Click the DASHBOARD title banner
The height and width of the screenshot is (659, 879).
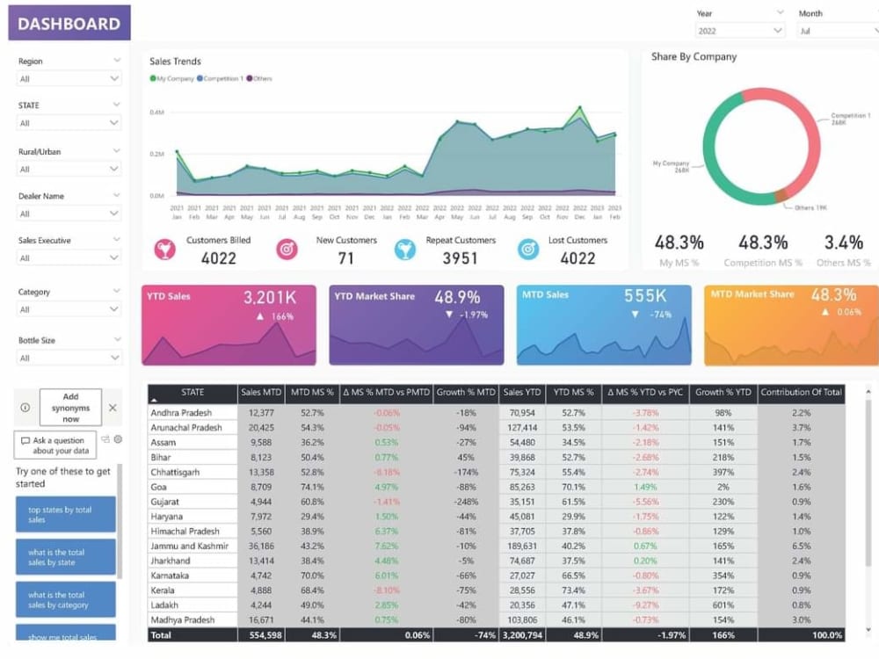(x=69, y=24)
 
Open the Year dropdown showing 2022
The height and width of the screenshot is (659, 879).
(x=740, y=31)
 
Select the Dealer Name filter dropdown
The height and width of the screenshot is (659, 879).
(x=69, y=214)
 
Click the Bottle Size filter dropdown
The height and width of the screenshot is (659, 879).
(x=69, y=358)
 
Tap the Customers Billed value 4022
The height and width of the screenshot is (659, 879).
(x=218, y=258)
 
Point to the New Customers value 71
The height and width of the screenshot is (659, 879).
(x=345, y=258)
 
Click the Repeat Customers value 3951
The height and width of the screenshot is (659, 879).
(x=460, y=258)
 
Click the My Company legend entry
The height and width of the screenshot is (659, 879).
(x=173, y=79)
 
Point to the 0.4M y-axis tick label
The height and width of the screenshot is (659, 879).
(x=156, y=112)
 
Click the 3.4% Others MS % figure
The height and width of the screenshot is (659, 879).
(x=843, y=243)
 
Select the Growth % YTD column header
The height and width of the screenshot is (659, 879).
(x=723, y=393)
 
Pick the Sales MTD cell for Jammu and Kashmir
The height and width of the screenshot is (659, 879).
(x=261, y=546)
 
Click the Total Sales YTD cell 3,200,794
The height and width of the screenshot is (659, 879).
(x=522, y=635)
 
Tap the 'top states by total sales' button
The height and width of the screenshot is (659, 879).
(x=65, y=515)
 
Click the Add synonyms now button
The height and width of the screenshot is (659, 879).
(x=70, y=408)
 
